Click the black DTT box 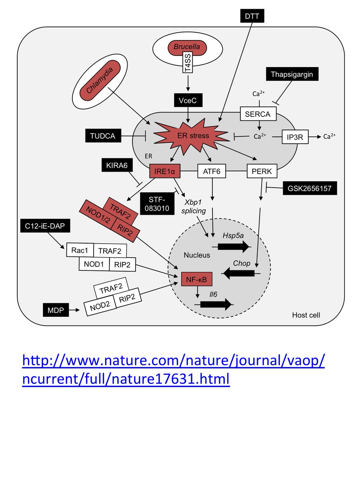(252, 16)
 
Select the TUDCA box (102, 136)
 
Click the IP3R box (295, 137)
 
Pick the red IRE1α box (165, 172)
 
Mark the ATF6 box (212, 172)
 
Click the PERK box (262, 172)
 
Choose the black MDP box (55, 310)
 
